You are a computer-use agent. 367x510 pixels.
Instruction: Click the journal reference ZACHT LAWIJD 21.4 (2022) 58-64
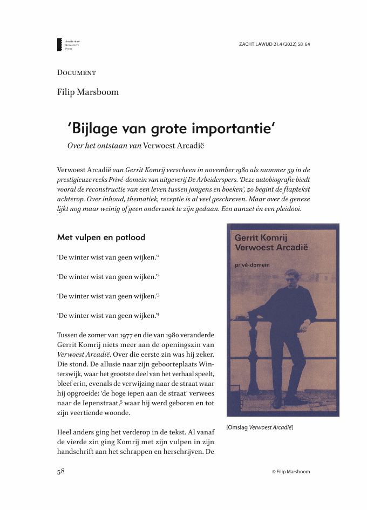point(274,44)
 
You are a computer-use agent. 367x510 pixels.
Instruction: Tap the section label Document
point(76,72)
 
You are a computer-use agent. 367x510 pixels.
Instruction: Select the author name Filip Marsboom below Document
point(87,92)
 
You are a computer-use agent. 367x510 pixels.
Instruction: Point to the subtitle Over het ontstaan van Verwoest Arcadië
point(135,145)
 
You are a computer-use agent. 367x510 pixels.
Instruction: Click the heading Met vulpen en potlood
point(101,237)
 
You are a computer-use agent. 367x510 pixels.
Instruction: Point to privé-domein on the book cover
point(252,263)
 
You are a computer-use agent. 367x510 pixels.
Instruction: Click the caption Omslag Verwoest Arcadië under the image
point(260,427)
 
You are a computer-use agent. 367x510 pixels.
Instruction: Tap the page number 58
point(61,471)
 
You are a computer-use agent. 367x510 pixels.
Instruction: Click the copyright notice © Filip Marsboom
point(291,471)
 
